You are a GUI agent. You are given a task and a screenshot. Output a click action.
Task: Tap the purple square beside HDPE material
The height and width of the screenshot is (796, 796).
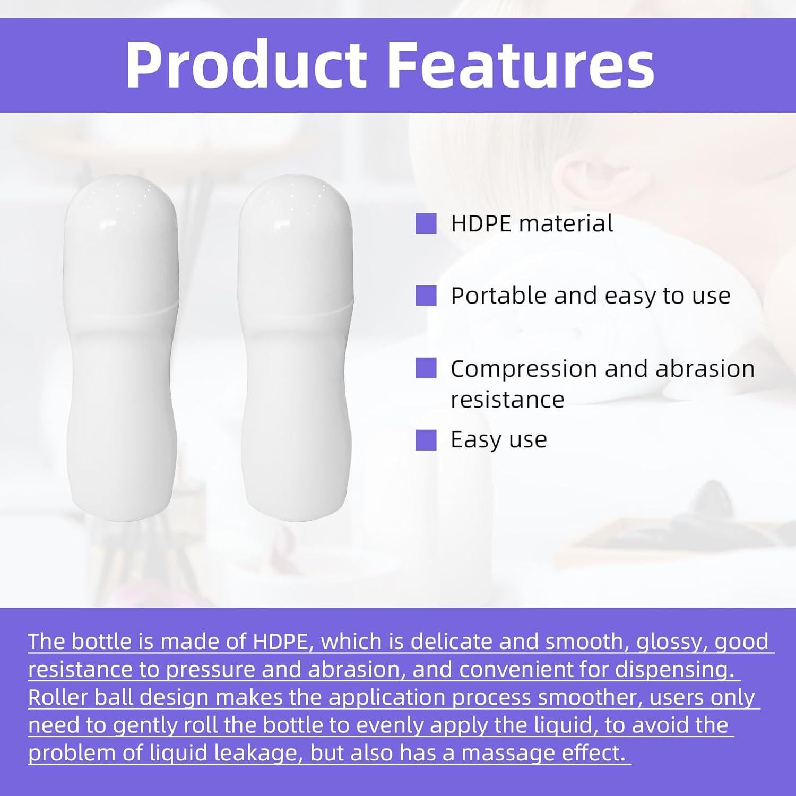click(x=426, y=223)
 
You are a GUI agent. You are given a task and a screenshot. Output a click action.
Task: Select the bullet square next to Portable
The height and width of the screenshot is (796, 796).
click(x=426, y=296)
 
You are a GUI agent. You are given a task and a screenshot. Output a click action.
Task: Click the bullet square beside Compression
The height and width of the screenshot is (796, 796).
click(x=426, y=368)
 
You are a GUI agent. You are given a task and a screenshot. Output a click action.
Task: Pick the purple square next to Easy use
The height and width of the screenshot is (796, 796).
click(x=426, y=440)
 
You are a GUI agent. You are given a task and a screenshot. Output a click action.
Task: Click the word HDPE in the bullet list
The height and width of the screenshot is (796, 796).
click(x=481, y=223)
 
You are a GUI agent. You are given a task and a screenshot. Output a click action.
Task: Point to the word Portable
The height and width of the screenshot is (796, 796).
click(x=498, y=296)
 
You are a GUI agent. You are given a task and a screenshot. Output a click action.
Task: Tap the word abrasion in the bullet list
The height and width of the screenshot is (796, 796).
click(x=705, y=368)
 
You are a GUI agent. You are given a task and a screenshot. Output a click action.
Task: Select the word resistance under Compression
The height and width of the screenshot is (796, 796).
click(x=508, y=400)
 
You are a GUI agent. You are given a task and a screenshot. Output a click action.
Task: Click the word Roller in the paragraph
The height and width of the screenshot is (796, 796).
click(x=58, y=697)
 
